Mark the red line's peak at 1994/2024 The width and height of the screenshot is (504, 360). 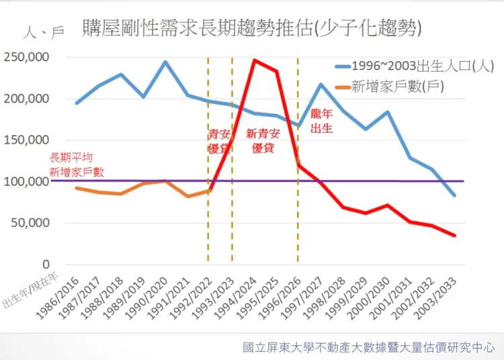coord(254,60)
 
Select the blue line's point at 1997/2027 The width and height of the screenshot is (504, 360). coord(321,84)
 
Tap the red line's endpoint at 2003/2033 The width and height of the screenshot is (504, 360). coord(454,236)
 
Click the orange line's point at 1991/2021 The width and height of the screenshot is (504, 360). coord(187,196)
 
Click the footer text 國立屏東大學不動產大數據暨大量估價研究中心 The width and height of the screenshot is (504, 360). coord(369,348)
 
